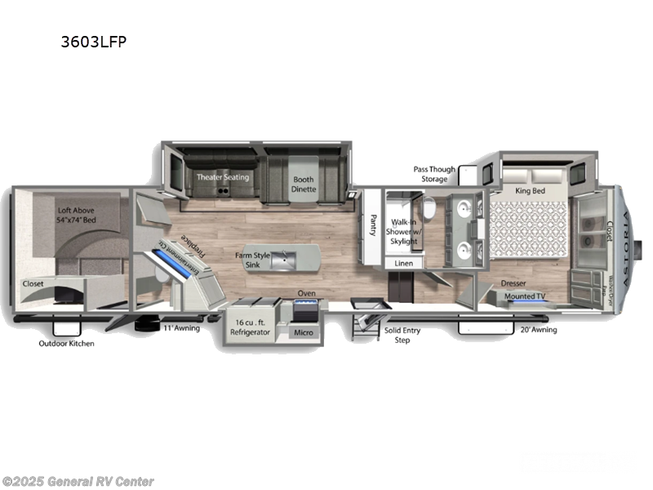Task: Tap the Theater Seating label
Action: [x=222, y=177]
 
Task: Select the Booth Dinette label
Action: [x=304, y=183]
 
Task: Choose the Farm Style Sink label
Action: [x=253, y=259]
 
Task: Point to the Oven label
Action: [x=306, y=293]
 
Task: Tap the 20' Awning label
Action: [x=539, y=330]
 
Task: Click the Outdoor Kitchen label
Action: [x=67, y=343]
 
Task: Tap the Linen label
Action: [x=403, y=264]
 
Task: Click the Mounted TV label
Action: [x=520, y=296]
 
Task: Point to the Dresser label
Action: [x=513, y=283]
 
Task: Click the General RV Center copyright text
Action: [x=78, y=482]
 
